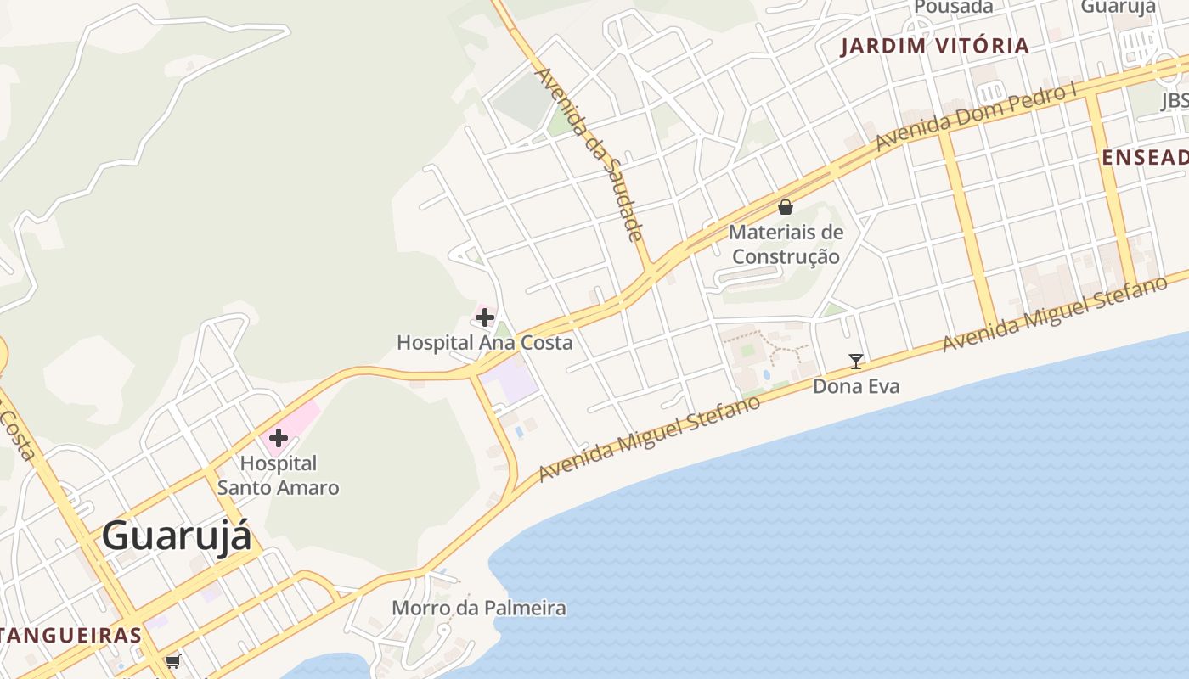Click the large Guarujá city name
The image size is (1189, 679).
(x=177, y=536)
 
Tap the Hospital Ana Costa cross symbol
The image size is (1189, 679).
(x=485, y=318)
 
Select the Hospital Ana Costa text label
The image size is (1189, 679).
(x=484, y=343)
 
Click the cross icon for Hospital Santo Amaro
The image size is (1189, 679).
(x=278, y=439)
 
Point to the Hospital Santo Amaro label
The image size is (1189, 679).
(x=278, y=475)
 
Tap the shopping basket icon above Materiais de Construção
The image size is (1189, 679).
(x=786, y=207)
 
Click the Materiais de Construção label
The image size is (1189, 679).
(x=786, y=244)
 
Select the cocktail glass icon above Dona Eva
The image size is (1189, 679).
(x=856, y=362)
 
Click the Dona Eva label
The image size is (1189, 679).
(x=856, y=387)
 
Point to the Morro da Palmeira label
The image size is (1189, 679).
(x=478, y=608)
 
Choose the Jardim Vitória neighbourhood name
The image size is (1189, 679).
(x=934, y=46)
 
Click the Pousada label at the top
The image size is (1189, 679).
(x=953, y=7)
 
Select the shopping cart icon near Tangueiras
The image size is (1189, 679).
(x=173, y=660)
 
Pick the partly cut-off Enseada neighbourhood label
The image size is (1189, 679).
(x=1145, y=157)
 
